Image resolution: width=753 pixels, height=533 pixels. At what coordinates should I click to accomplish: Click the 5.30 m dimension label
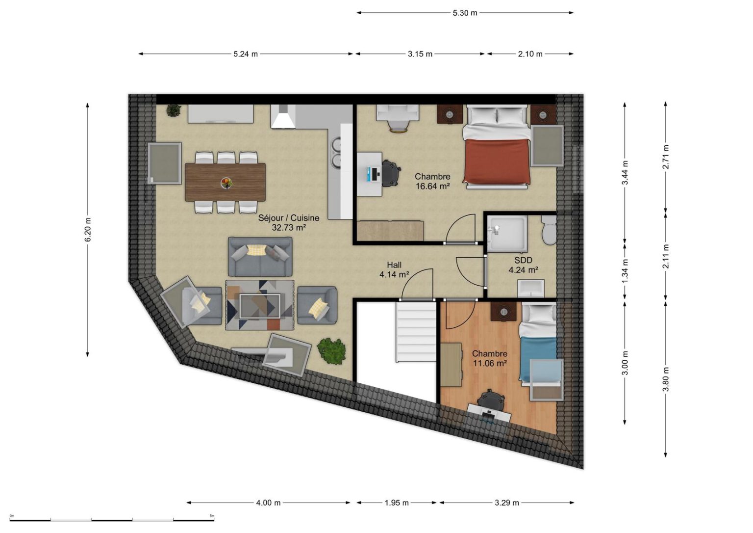[x=465, y=13]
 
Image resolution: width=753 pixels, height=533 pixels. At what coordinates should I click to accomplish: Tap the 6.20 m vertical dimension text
[x=88, y=230]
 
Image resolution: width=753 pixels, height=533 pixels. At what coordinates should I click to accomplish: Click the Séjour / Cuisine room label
[x=288, y=218]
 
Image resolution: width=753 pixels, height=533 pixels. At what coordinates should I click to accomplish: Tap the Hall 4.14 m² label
[x=394, y=269]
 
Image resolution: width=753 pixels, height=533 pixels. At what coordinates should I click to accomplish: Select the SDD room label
[x=524, y=260]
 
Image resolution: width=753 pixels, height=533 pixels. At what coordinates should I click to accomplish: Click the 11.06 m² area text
[x=490, y=363]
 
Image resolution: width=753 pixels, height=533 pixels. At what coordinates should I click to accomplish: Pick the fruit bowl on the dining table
[x=226, y=183]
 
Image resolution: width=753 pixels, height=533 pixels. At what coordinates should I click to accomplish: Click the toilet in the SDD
[x=549, y=230]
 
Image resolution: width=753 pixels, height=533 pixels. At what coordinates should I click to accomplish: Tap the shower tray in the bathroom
[x=507, y=234]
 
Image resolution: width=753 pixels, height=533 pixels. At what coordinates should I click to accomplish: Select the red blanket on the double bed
[x=497, y=161]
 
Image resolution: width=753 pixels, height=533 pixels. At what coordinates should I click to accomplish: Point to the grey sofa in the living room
[x=260, y=256]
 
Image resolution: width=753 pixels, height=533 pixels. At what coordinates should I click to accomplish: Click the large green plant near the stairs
[x=331, y=351]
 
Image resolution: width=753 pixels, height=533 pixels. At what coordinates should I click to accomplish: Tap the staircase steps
[x=416, y=332]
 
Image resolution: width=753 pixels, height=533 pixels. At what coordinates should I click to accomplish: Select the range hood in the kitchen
[x=283, y=116]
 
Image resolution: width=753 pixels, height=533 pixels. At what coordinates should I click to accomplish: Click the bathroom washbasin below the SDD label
[x=531, y=289]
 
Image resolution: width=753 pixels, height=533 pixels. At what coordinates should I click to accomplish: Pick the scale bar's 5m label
[x=212, y=516]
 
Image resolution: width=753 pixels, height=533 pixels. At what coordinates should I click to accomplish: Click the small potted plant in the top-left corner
[x=174, y=110]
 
